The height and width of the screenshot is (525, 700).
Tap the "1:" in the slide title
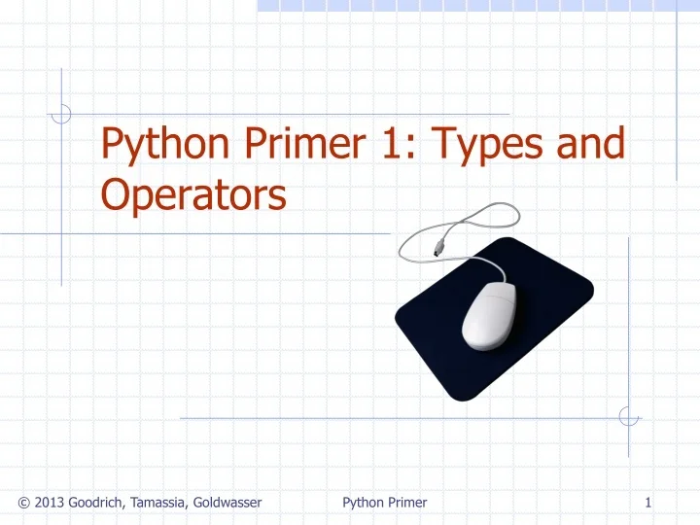[x=391, y=146]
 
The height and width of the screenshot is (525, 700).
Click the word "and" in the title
[x=590, y=146]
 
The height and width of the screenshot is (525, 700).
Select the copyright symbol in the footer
[x=23, y=502]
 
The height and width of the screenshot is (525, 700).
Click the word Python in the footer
[x=363, y=502]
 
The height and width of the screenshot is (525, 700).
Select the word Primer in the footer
[x=407, y=502]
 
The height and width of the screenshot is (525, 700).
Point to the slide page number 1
[x=647, y=502]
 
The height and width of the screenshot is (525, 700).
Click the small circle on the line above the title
[x=61, y=115]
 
